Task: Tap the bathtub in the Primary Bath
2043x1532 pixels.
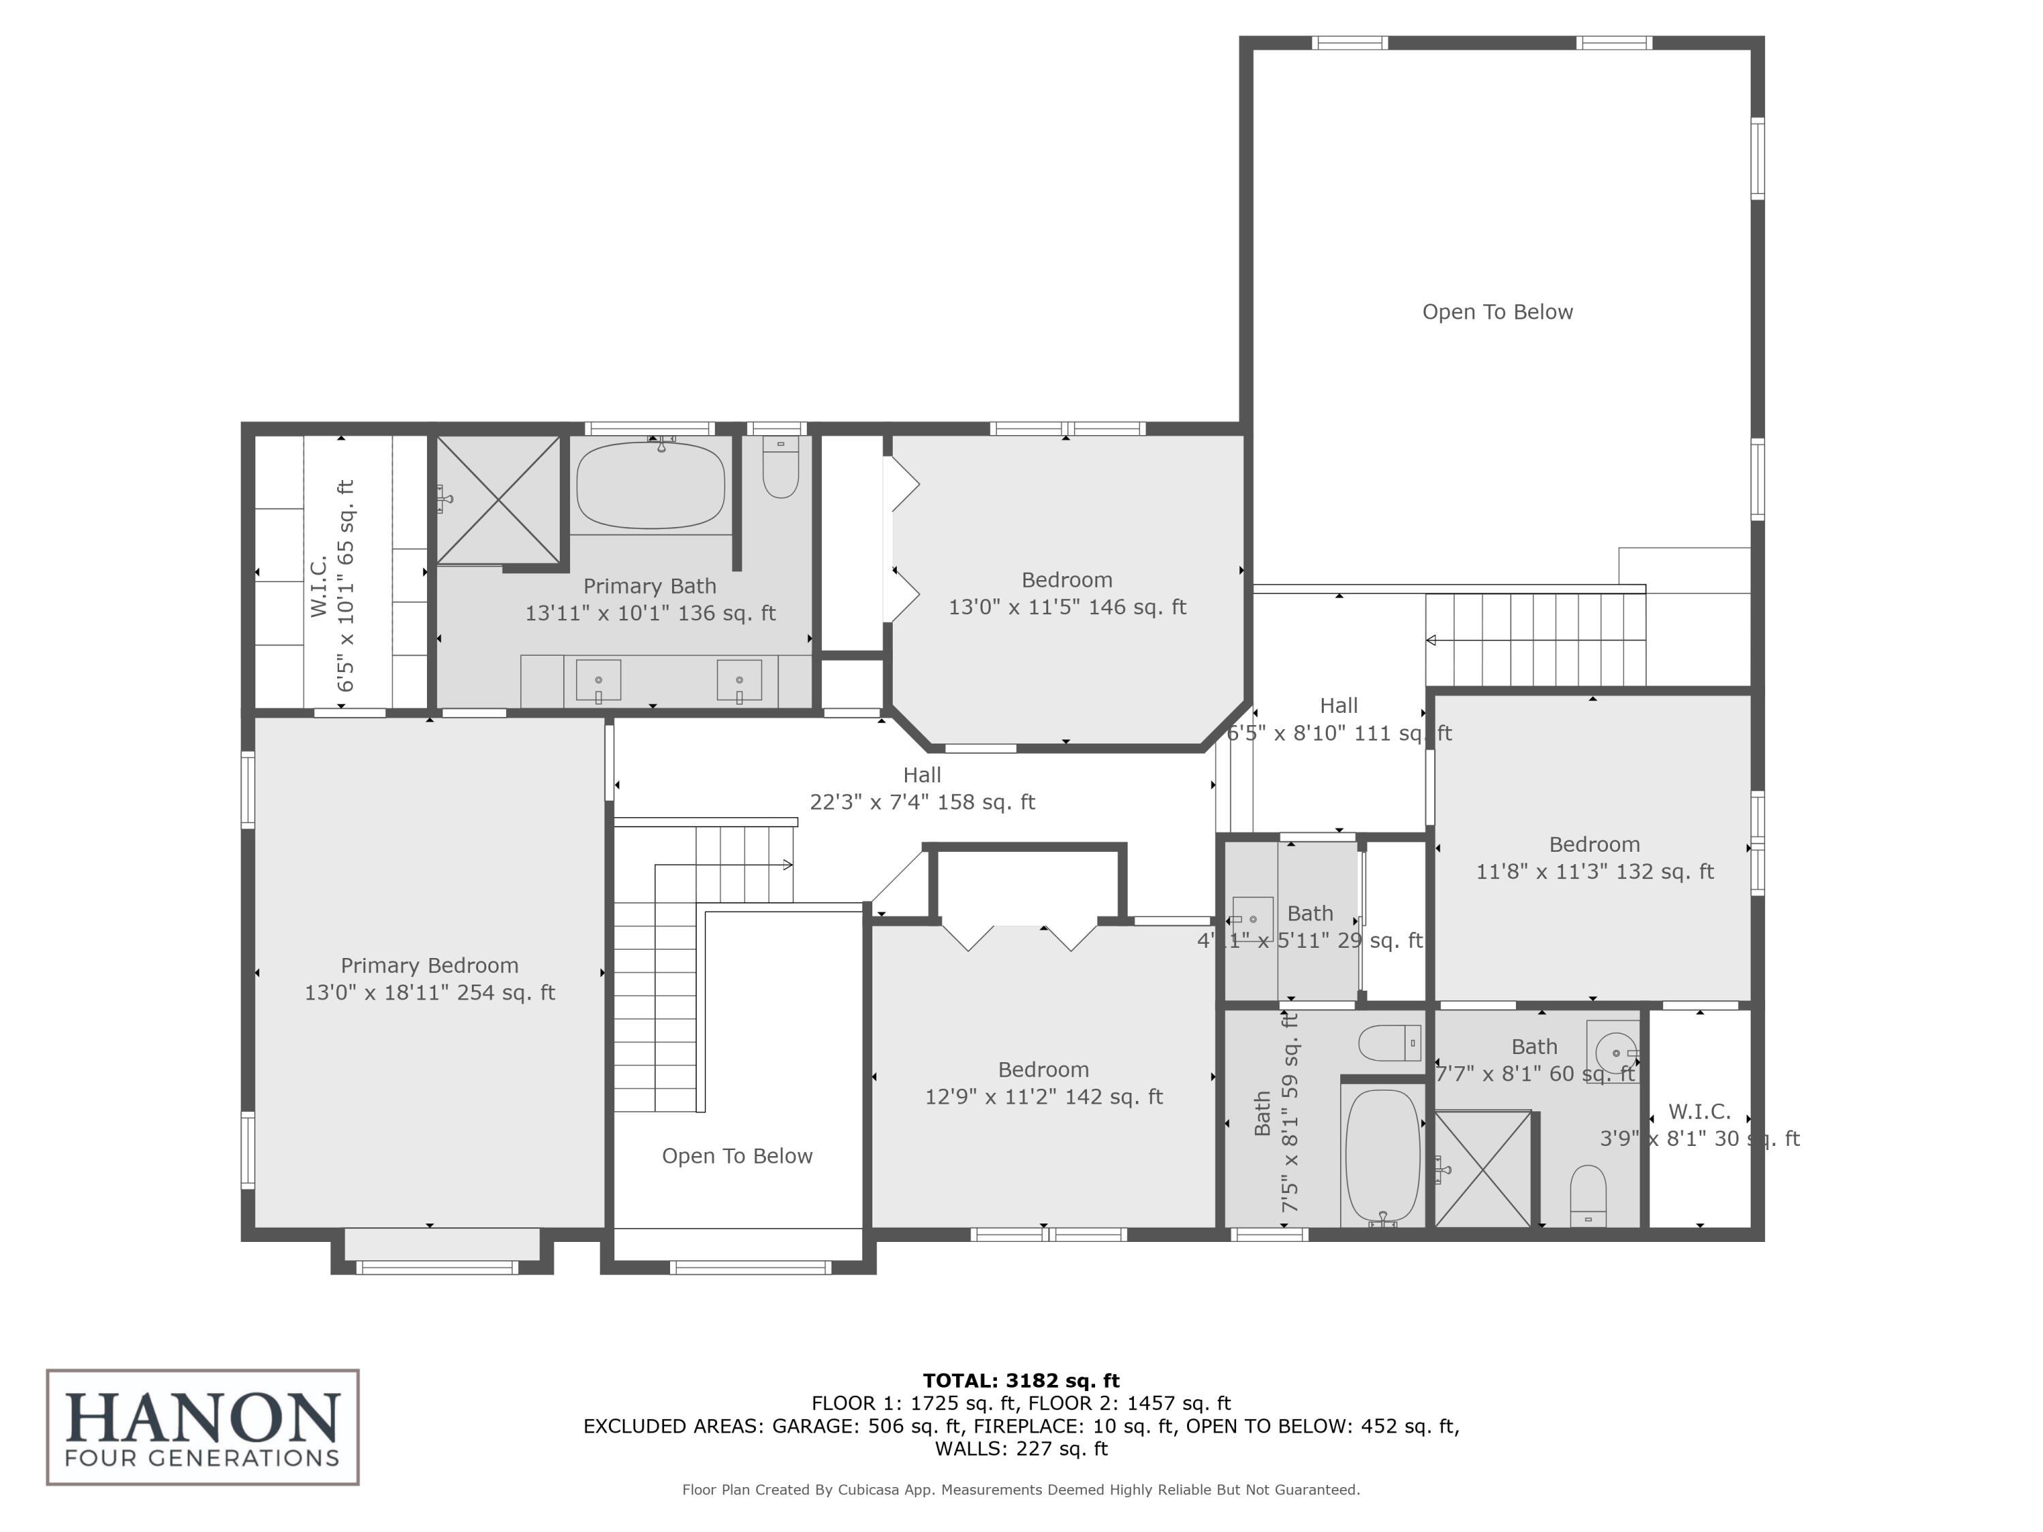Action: tap(650, 485)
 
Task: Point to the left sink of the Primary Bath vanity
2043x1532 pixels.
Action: tap(599, 681)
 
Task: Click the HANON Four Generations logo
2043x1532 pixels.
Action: tap(202, 1426)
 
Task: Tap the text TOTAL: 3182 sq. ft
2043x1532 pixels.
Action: tap(1021, 1381)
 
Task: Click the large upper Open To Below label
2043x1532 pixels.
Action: tap(1497, 312)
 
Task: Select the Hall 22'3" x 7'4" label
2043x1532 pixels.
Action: tap(922, 788)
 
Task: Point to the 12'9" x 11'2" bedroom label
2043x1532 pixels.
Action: tap(1044, 1083)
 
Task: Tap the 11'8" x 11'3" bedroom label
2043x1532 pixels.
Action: tap(1594, 858)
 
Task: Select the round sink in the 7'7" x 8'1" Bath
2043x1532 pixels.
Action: tap(1613, 1052)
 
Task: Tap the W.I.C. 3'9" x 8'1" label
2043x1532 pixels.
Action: tap(1699, 1125)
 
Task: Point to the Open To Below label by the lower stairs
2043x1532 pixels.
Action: tap(737, 1156)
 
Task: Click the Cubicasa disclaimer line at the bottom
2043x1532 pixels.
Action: tap(1021, 1490)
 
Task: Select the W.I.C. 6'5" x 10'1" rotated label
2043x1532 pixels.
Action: tap(332, 586)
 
